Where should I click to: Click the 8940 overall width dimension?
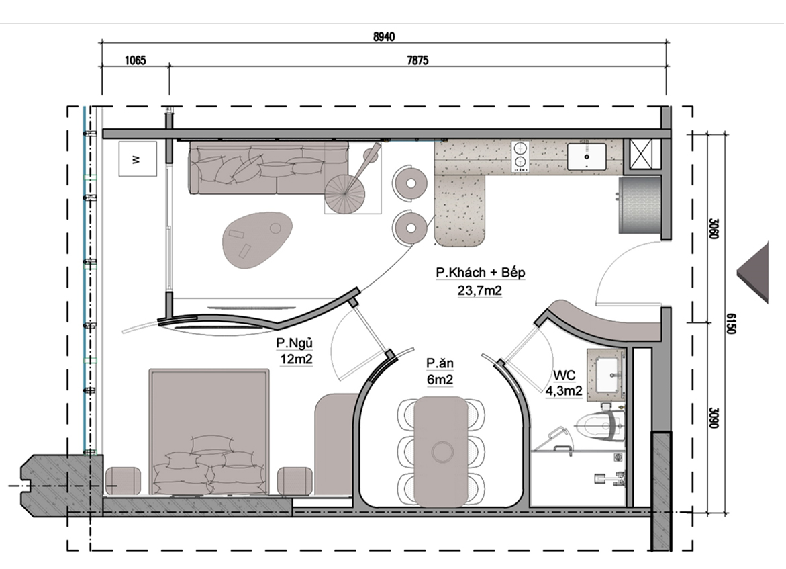coord(384,37)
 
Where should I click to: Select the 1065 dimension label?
coord(136,60)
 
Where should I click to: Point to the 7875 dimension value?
coord(417,60)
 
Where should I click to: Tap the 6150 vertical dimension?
coord(731,324)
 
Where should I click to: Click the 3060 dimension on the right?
coord(714,228)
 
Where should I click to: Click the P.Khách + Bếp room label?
coord(480,273)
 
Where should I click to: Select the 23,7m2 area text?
coord(480,290)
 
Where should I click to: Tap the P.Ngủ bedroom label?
coord(295,343)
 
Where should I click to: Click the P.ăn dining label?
coord(440,363)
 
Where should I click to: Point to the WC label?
coord(564,376)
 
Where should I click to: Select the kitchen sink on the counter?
coord(587,157)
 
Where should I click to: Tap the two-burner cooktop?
coord(520,157)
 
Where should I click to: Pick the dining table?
coord(441,451)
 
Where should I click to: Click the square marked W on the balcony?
coord(138,159)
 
